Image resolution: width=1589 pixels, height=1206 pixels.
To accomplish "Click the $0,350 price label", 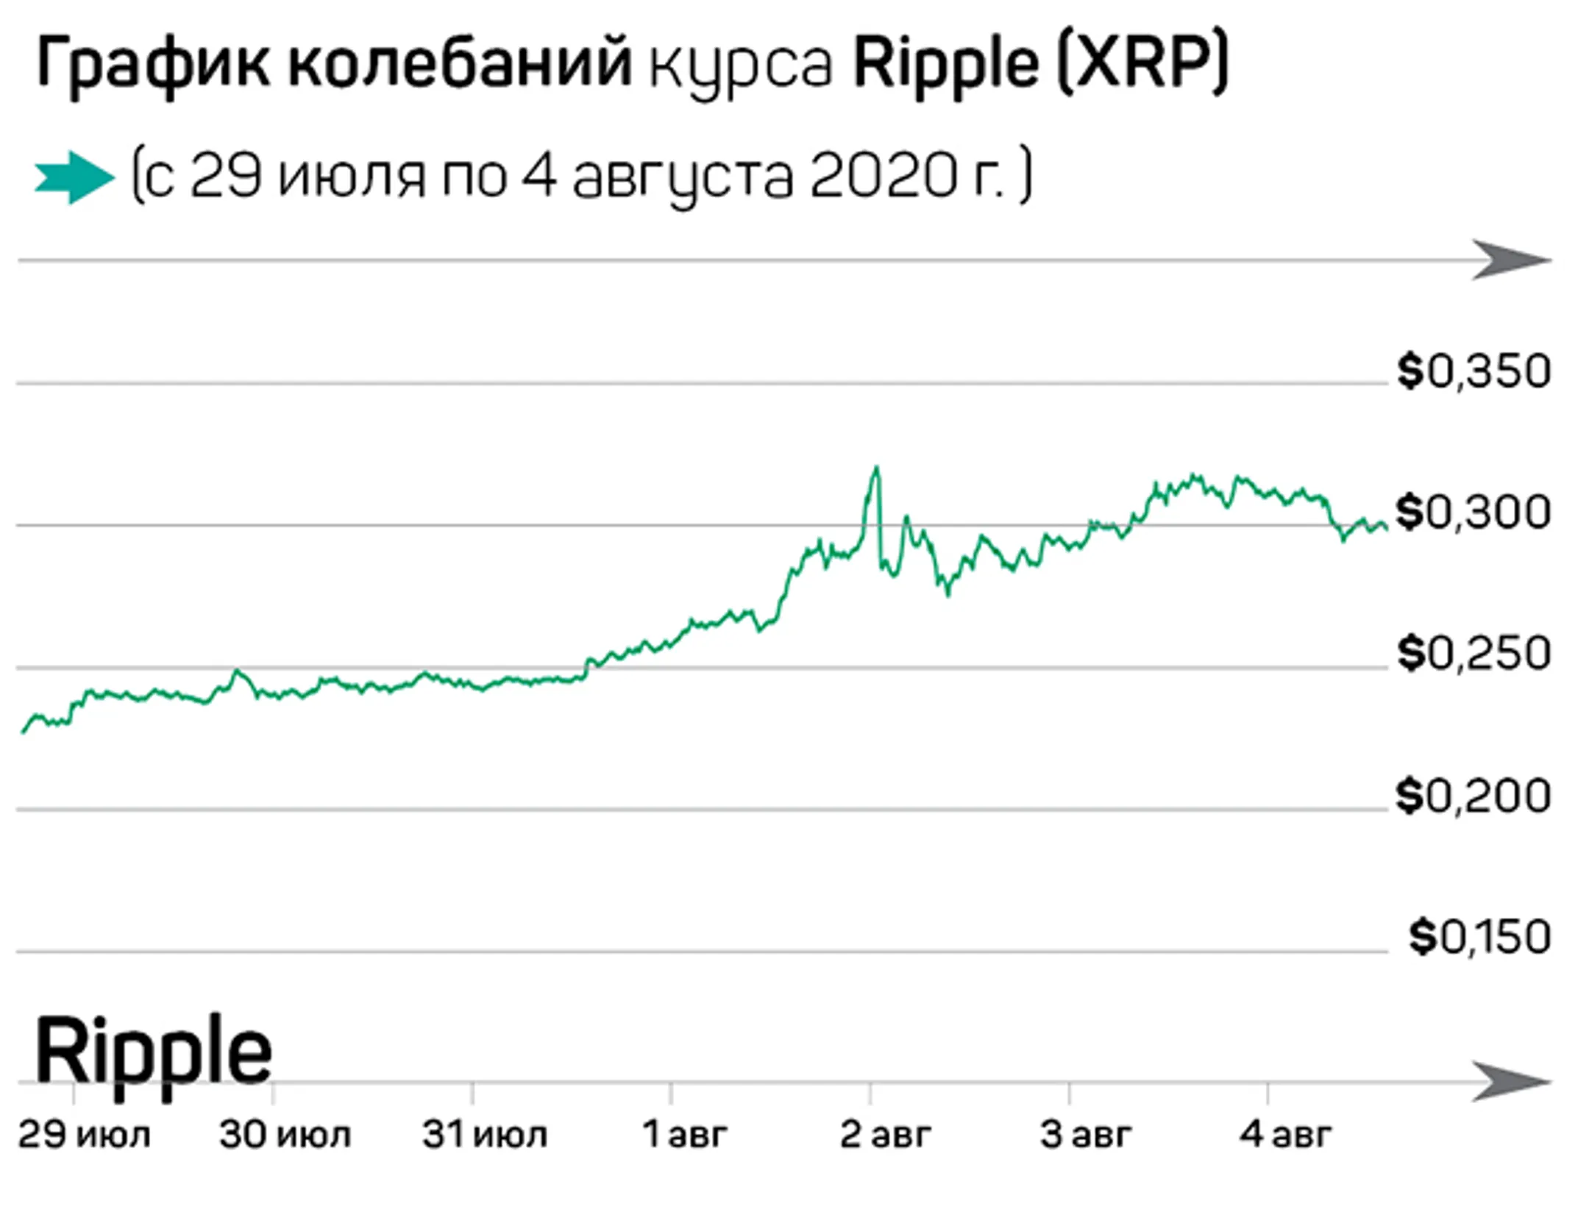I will click(x=1474, y=371).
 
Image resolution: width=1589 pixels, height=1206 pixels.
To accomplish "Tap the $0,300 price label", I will click(x=1474, y=513).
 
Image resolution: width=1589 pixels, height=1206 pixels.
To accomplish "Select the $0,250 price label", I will click(x=1474, y=653).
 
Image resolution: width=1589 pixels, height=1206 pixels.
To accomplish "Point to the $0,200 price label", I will click(x=1474, y=796).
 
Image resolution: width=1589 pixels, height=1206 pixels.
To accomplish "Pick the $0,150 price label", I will click(x=1479, y=937).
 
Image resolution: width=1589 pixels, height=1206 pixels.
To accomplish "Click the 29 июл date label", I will click(x=84, y=1135).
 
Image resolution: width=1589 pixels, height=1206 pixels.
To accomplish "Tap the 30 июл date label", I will click(x=285, y=1135).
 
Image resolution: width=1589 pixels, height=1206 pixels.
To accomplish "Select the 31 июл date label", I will click(x=485, y=1135).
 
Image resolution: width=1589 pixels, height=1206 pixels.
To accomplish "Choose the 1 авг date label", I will click(x=685, y=1135).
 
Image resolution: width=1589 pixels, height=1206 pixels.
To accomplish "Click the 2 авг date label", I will click(x=885, y=1135).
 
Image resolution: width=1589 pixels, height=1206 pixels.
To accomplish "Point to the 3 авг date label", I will click(x=1085, y=1135).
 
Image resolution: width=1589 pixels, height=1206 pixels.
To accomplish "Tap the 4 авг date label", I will click(x=1285, y=1135).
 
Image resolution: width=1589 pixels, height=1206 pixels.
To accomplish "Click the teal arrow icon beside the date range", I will click(x=74, y=177).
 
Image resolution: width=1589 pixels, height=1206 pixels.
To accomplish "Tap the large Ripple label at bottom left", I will click(x=153, y=1052).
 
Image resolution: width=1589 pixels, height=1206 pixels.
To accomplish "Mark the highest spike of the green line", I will click(x=875, y=468).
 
